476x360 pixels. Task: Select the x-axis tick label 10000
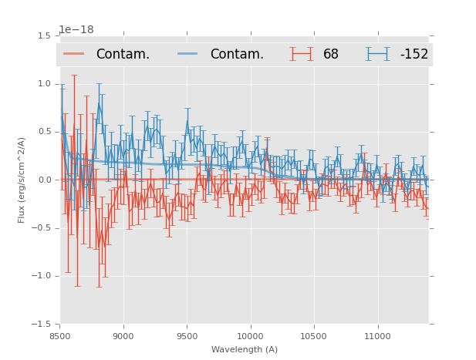coord(250,335)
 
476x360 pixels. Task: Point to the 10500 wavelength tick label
coord(313,335)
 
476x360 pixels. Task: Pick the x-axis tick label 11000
coord(376,335)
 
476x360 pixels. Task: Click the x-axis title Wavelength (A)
coord(245,349)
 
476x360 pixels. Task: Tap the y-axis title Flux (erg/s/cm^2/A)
coord(22,180)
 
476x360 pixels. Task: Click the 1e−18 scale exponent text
coord(76,30)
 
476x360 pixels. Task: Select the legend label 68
coord(331,55)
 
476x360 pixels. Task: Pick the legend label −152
coord(414,55)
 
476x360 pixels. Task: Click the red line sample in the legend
coord(75,54)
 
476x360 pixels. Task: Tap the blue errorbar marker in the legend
coord(378,54)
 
